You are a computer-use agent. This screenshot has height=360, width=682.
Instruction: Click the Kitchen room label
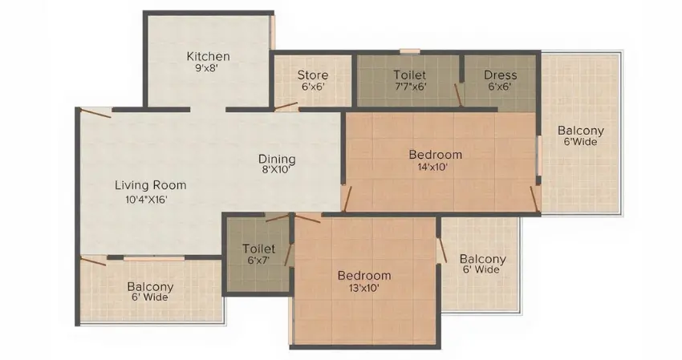point(208,56)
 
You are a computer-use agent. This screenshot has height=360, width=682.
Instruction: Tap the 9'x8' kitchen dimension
point(206,68)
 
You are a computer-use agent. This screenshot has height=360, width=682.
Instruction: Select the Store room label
point(313,75)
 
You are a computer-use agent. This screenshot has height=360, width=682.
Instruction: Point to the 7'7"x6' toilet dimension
point(410,86)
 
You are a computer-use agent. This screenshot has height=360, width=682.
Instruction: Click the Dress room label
point(500,75)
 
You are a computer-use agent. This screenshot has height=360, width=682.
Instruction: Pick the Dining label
point(277,159)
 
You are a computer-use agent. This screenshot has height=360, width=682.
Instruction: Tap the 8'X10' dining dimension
point(276,170)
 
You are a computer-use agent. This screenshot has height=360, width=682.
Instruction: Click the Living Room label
point(151,185)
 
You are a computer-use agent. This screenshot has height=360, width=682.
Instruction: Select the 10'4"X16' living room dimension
point(146,200)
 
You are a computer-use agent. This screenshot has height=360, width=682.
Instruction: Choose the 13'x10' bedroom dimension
point(363,288)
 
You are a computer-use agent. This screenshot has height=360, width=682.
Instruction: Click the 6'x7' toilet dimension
point(259,261)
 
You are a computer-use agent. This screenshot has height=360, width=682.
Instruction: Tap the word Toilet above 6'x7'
point(259,249)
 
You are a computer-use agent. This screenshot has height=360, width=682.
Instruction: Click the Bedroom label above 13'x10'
point(364,276)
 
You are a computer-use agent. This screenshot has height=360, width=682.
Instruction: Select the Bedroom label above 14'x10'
point(436,155)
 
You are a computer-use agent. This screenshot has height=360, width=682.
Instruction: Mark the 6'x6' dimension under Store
point(313,87)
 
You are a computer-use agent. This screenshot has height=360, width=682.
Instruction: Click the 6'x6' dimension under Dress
point(499,87)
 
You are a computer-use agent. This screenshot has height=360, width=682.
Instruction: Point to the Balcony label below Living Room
point(150,287)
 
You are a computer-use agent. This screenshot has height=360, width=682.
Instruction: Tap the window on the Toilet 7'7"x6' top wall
point(410,52)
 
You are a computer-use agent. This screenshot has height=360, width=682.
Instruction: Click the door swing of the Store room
point(286,107)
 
